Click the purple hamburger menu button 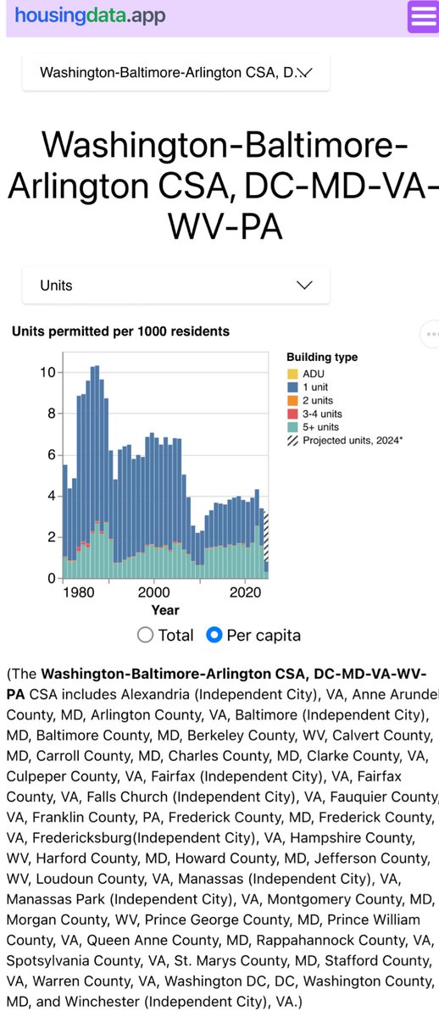422,17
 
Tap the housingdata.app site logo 90,15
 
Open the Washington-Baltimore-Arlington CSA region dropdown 175,73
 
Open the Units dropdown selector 175,286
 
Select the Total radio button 145,635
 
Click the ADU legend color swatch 292,374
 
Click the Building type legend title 322,358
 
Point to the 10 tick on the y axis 48,373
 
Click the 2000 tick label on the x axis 153,592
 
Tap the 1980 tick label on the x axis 78,592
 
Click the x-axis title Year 164,609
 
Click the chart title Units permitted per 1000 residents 120,331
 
